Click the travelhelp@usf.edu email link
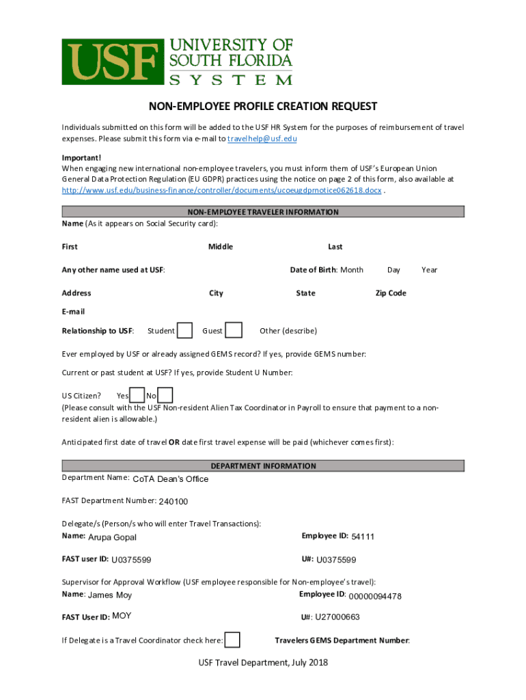click(x=262, y=139)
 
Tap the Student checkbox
click(x=184, y=331)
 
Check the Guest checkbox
click(x=234, y=331)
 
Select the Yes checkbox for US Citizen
click(x=137, y=396)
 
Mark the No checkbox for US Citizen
click(x=165, y=396)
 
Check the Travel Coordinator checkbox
click(x=232, y=641)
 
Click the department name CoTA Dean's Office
click(x=170, y=479)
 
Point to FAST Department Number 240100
click(x=173, y=502)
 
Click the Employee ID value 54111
click(x=363, y=537)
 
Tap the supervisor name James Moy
click(x=110, y=595)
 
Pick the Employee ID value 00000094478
click(x=374, y=596)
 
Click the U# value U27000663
click(x=337, y=617)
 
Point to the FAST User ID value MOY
click(x=122, y=616)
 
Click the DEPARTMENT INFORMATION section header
click(x=263, y=466)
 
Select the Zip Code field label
click(x=391, y=293)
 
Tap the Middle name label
click(x=221, y=247)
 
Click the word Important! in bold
click(x=81, y=157)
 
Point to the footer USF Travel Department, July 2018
click(x=263, y=662)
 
